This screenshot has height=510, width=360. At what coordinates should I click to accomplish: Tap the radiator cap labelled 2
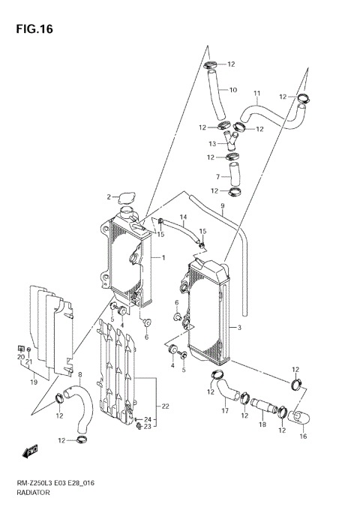(127, 198)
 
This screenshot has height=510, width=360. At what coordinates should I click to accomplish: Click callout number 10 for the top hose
(232, 90)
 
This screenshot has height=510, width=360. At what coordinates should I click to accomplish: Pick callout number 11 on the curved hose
(256, 94)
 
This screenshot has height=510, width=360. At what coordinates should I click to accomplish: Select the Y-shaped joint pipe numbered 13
(232, 141)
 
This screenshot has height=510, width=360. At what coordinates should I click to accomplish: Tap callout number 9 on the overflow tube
(223, 206)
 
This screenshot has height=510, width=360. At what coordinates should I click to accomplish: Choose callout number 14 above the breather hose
(182, 217)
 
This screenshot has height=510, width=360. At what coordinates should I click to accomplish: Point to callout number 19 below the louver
(34, 382)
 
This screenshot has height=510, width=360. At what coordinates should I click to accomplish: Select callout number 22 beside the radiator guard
(165, 406)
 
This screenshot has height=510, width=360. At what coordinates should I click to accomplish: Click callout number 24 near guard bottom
(148, 419)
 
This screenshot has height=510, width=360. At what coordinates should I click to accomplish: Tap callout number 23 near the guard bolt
(148, 427)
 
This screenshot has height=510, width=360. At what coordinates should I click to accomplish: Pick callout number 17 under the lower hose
(224, 411)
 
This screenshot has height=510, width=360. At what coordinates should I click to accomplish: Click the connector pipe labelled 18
(264, 407)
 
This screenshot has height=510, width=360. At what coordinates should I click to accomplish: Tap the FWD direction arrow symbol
(31, 451)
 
